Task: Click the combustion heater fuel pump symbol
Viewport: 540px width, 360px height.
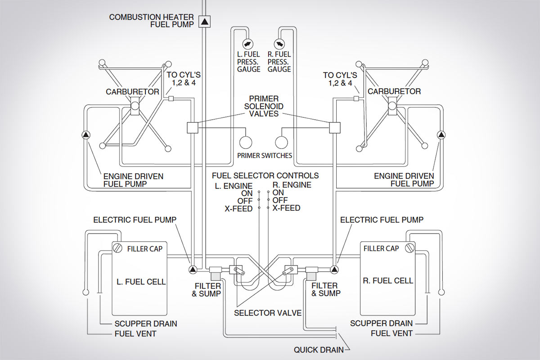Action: [x=205, y=21]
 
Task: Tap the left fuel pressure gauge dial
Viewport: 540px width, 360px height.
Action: [x=247, y=44]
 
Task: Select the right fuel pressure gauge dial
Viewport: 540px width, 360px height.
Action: [x=279, y=44]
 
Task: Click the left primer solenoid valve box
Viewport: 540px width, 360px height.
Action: [x=193, y=128]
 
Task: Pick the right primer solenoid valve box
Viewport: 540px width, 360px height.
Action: [x=336, y=128]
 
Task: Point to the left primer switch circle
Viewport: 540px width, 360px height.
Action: [x=246, y=143]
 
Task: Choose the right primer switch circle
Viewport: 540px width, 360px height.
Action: [x=282, y=143]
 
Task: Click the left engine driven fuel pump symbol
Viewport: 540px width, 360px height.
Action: [x=86, y=135]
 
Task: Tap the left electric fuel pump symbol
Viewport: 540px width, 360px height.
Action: [x=193, y=270]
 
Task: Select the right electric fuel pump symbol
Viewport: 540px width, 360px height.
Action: [x=334, y=270]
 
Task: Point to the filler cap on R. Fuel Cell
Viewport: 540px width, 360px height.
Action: [x=409, y=248]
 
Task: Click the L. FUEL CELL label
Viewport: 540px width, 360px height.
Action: [x=141, y=282]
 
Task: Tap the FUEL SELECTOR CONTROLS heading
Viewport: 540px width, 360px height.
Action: [x=265, y=175]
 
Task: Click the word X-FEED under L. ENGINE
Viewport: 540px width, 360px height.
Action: [x=239, y=208]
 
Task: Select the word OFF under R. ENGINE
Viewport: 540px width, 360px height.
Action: [x=280, y=200]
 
